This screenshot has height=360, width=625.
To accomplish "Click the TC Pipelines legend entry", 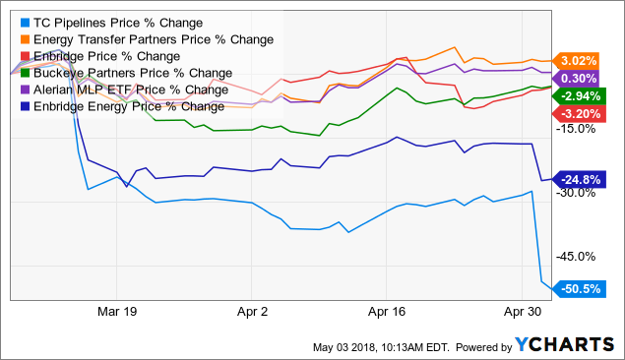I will click(x=110, y=22).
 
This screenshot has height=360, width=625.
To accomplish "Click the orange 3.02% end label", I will click(x=577, y=59).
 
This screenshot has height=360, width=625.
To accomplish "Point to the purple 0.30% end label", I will click(x=577, y=78).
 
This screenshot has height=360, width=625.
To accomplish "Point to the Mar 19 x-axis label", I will click(x=115, y=309).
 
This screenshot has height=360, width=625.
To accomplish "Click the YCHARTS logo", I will click(x=558, y=344).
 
